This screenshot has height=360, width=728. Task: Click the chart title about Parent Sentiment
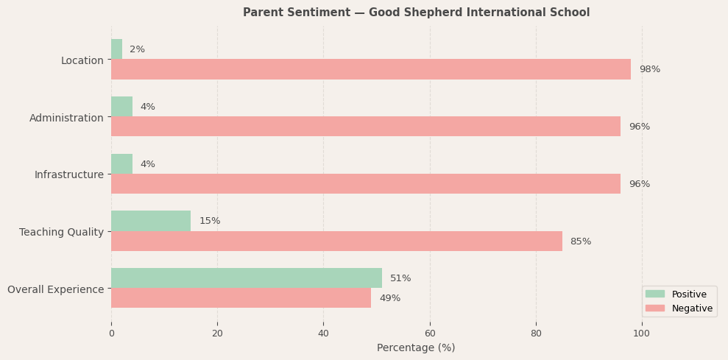(416, 13)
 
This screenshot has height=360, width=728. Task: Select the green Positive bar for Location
(116, 49)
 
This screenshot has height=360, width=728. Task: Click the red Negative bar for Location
(371, 69)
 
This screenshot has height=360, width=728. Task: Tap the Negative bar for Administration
(366, 127)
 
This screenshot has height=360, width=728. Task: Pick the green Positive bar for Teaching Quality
(151, 221)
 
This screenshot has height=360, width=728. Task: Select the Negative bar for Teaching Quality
(336, 241)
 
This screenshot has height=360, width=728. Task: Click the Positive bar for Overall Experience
(247, 278)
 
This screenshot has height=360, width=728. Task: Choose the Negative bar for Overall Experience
(241, 298)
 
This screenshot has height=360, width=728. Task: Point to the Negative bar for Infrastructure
(366, 184)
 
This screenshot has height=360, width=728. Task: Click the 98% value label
(649, 69)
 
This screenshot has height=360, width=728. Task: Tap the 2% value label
(137, 49)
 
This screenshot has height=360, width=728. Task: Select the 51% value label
(400, 278)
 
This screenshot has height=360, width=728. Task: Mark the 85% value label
(580, 241)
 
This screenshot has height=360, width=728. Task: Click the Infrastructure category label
(69, 174)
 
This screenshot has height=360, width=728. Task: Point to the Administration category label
(66, 118)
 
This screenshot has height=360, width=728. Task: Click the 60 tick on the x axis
(430, 333)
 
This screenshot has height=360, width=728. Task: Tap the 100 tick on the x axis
(642, 333)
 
